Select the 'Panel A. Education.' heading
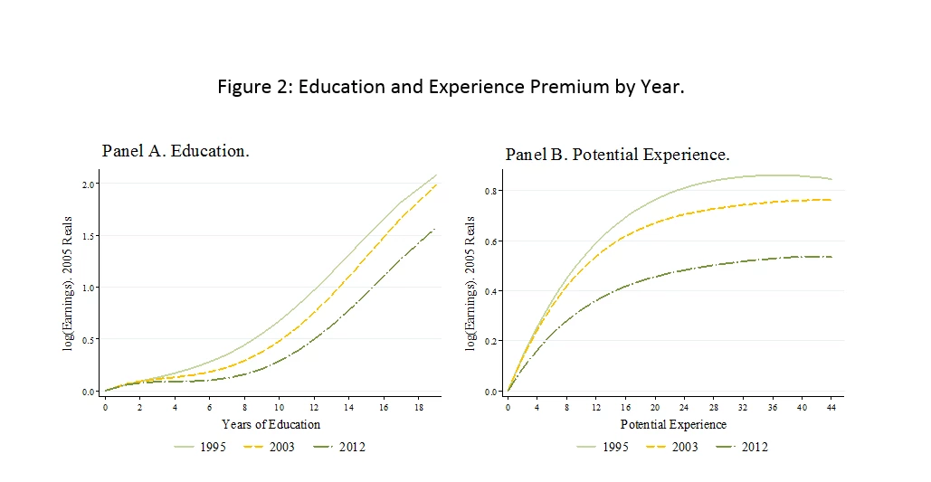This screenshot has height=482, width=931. (176, 151)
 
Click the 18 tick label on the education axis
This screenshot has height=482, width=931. (418, 406)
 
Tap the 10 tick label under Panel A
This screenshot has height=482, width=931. (280, 406)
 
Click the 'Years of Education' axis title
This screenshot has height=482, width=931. (271, 424)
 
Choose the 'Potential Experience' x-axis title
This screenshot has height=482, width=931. (673, 424)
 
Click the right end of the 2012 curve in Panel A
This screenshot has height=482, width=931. (436, 228)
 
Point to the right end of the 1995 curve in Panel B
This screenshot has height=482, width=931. (831, 179)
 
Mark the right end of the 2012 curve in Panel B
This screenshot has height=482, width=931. (831, 257)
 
